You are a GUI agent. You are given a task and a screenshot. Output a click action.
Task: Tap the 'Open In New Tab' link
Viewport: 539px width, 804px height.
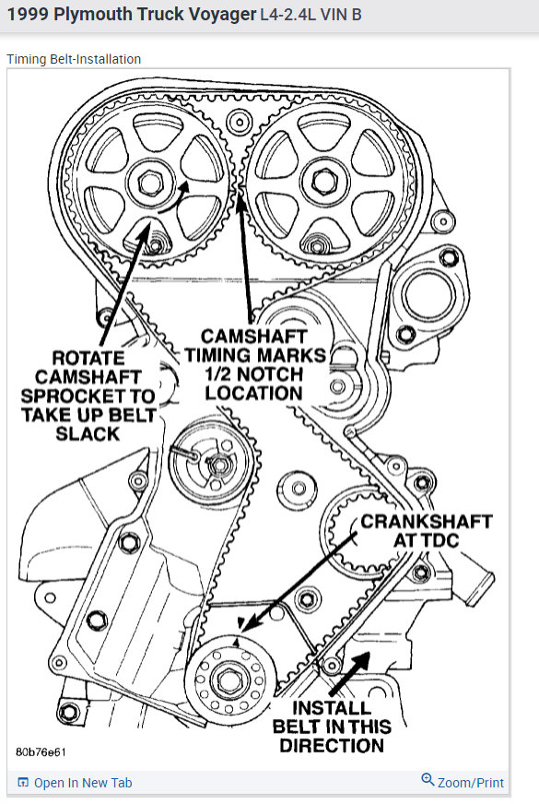pyautogui.click(x=83, y=783)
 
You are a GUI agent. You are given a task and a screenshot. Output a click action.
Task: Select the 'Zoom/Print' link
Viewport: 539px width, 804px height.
pyautogui.click(x=471, y=783)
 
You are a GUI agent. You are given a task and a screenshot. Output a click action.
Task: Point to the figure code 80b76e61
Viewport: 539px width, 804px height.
pyautogui.click(x=41, y=751)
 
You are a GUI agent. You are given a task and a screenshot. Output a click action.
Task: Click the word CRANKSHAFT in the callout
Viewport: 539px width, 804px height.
pyautogui.click(x=426, y=521)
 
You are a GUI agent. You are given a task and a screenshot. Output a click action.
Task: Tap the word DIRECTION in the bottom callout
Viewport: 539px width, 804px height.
pyautogui.click(x=331, y=745)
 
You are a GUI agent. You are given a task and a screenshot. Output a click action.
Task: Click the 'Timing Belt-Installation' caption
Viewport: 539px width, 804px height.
pyautogui.click(x=74, y=59)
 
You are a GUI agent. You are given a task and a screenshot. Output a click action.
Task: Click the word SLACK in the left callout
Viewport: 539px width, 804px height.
pyautogui.click(x=88, y=432)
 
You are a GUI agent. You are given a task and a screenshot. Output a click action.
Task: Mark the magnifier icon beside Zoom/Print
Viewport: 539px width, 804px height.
pyautogui.click(x=428, y=780)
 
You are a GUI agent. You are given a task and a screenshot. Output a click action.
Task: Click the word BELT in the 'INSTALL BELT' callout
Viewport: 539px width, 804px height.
pyautogui.click(x=300, y=727)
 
